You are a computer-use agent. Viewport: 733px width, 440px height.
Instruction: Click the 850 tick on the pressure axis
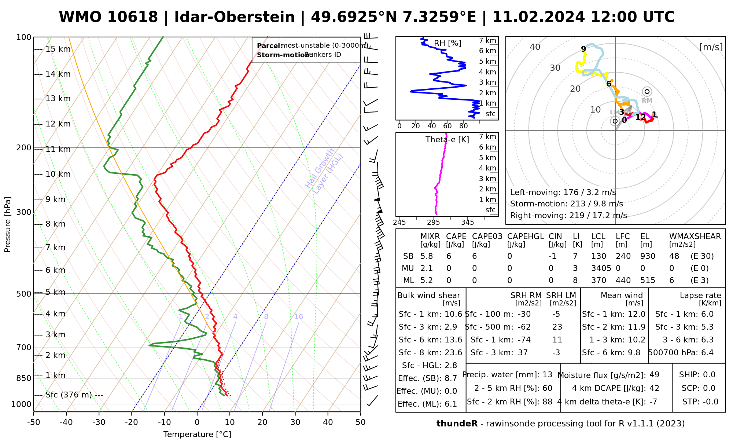[x=24, y=378]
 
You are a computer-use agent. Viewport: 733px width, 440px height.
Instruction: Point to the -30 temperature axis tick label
[x=99, y=422]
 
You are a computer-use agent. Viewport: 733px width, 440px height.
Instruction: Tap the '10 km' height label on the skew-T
[x=58, y=174]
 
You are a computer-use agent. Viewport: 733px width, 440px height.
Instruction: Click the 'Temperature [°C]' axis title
[x=197, y=434]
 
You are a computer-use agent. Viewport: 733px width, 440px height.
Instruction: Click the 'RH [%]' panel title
[x=447, y=43]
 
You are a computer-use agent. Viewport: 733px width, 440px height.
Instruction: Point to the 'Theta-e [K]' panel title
[x=447, y=140]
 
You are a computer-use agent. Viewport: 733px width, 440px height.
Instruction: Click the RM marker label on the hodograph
[x=647, y=100]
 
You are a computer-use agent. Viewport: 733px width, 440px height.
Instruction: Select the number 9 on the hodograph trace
[x=583, y=49]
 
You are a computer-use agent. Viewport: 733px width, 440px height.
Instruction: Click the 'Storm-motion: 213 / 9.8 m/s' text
[x=566, y=204]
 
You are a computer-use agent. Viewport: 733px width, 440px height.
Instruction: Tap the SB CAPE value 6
[x=449, y=256]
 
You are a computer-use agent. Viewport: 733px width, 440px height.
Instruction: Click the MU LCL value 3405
[x=601, y=268]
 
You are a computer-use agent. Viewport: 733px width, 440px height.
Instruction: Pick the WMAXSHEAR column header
[x=695, y=236]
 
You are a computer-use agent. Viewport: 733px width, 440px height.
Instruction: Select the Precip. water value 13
[x=547, y=375]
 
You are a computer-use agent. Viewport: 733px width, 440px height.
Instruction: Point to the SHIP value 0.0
[x=709, y=375]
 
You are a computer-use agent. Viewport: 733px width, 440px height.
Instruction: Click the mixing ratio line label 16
[x=298, y=317]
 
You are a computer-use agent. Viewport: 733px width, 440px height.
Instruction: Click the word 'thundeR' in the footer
[x=457, y=424]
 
